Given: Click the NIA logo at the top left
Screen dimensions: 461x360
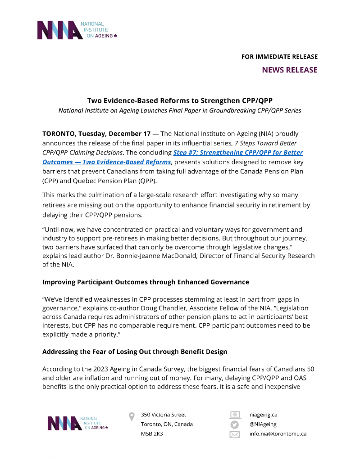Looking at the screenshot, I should (x=77, y=30).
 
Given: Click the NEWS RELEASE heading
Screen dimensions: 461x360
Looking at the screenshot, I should (x=289, y=70).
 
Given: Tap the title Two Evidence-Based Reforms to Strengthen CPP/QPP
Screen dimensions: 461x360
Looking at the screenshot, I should (x=180, y=100).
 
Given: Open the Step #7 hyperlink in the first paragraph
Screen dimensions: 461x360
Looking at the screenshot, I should (x=238, y=153).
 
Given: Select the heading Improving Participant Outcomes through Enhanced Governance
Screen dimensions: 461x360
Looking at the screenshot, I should (x=146, y=282).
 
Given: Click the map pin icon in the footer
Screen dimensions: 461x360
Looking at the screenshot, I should (x=132, y=416).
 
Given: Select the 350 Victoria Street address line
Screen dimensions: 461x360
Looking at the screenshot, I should (x=163, y=415).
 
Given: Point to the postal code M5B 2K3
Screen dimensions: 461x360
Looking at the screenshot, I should (x=152, y=434).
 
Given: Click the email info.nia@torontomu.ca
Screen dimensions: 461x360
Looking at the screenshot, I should (x=278, y=434).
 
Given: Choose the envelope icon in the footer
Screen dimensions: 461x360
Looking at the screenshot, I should (x=235, y=434).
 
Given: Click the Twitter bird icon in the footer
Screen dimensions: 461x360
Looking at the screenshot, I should (x=235, y=425).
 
